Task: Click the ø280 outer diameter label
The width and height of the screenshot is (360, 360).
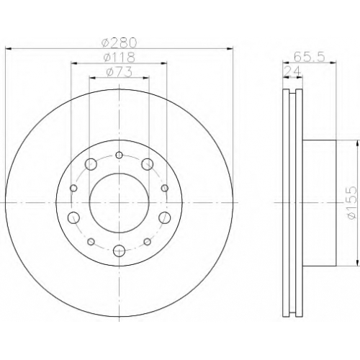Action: pyautogui.click(x=119, y=42)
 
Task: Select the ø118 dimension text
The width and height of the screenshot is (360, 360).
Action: pyautogui.click(x=119, y=58)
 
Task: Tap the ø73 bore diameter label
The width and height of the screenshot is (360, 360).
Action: pyautogui.click(x=119, y=72)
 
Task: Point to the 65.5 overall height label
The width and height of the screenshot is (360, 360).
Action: pyautogui.click(x=310, y=57)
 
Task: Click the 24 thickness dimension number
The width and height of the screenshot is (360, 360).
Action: pyautogui.click(x=292, y=71)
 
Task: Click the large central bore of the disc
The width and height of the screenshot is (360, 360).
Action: pyautogui.click(x=119, y=203)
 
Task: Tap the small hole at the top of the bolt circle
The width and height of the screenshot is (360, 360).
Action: pyautogui.click(x=119, y=156)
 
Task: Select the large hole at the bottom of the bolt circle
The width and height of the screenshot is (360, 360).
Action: pyautogui.click(x=119, y=251)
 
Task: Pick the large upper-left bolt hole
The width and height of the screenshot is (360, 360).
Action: pyautogui.click(x=91, y=164)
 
